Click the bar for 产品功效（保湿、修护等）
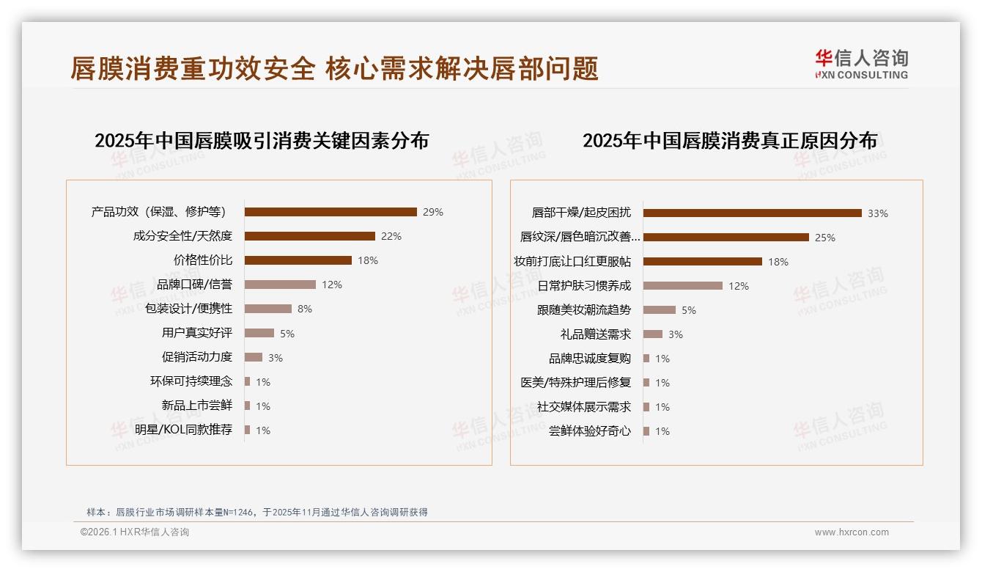331,212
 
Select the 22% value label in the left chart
391,236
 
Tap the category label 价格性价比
202,260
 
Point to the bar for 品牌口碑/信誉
280,285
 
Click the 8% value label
304,309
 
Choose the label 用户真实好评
196,333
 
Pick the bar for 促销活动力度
254,357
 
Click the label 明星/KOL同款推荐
183,430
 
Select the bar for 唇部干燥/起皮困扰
752,213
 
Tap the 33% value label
877,213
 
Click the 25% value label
824,238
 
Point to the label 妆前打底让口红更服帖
572,262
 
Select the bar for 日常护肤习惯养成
682,286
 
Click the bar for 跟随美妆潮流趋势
659,310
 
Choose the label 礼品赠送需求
595,334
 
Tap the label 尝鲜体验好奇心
589,431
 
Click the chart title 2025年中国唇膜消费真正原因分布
729,141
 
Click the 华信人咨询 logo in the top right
861,64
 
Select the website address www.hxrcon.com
851,532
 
